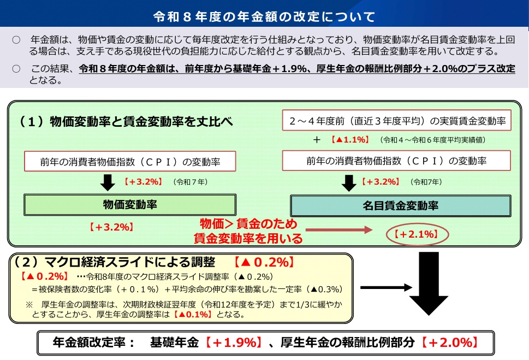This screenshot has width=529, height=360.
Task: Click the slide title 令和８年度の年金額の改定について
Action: pyautogui.click(x=264, y=16)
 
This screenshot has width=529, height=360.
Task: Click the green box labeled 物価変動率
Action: pyautogui.click(x=130, y=205)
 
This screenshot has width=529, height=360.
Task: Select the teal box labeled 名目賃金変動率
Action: pyautogui.click(x=401, y=205)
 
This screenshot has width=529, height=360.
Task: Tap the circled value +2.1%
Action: pyautogui.click(x=417, y=234)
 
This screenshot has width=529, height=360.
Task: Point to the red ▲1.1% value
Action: pyautogui.click(x=350, y=139)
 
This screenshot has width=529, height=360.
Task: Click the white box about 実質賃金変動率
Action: pyautogui.click(x=397, y=120)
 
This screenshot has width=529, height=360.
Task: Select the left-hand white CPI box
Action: pyautogui.click(x=130, y=161)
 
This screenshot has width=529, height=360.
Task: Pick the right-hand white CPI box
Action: pyautogui.click(x=396, y=161)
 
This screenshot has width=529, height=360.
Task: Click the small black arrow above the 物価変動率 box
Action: pyautogui.click(x=108, y=182)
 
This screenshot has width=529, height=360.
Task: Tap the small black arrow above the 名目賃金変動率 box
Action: pyautogui.click(x=349, y=183)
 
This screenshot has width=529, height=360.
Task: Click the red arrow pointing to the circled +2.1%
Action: pyautogui.click(x=338, y=230)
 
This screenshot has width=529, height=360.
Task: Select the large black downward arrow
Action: pyautogui.click(x=429, y=284)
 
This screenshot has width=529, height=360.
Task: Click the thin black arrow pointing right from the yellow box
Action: pyautogui.click(x=387, y=288)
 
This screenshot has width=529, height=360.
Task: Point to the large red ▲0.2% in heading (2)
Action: pyautogui.click(x=264, y=262)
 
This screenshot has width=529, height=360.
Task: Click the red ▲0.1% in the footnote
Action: pyautogui.click(x=193, y=315)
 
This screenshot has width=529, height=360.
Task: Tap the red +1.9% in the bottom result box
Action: pyautogui.click(x=234, y=343)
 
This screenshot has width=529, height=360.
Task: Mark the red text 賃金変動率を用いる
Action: pyautogui.click(x=248, y=238)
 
